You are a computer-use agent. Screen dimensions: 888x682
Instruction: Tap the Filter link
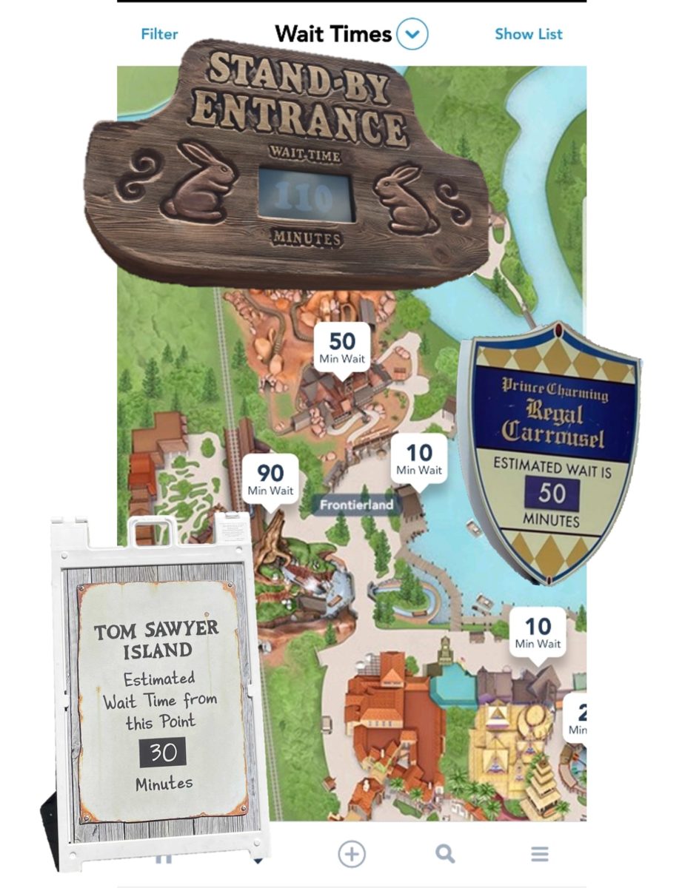(x=159, y=34)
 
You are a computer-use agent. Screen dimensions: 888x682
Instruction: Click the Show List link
(x=528, y=34)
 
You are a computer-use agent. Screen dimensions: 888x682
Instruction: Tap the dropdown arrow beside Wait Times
(x=412, y=34)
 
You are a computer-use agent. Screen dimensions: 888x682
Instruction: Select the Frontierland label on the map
(x=357, y=505)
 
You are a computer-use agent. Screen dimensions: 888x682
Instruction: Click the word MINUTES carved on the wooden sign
(x=306, y=238)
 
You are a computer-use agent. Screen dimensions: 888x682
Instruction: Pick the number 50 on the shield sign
(x=551, y=494)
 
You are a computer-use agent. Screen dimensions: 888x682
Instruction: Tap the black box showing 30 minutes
(x=162, y=752)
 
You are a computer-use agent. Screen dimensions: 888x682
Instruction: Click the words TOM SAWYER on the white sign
(x=156, y=630)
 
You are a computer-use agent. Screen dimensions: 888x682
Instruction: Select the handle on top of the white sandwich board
(x=151, y=530)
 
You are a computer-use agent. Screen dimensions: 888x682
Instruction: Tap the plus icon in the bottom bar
(x=352, y=854)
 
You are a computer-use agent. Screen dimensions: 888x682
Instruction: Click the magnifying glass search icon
(x=445, y=854)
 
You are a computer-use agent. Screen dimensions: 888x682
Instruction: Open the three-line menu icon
(x=540, y=854)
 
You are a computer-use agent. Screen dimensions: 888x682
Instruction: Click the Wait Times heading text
(x=333, y=34)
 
